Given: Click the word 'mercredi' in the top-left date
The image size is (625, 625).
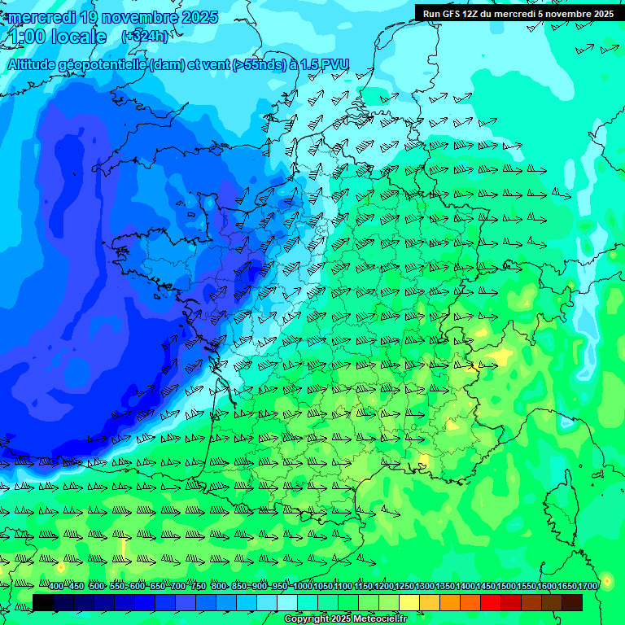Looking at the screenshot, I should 42,17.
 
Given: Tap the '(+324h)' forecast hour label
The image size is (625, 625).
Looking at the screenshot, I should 144,36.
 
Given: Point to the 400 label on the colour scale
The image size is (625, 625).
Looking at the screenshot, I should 55,586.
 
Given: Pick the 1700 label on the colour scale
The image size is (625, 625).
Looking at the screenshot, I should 588,586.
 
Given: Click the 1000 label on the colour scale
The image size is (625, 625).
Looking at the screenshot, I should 303,586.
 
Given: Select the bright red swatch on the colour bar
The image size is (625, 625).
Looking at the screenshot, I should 491,602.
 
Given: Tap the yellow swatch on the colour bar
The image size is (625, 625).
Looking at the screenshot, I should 409,602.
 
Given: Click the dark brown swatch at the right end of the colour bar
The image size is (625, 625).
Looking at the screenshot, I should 572,602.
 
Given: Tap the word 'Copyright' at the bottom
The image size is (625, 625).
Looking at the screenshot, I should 307,619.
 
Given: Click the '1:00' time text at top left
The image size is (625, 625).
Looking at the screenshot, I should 24,36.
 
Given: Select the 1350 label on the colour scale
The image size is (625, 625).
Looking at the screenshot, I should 445,586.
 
